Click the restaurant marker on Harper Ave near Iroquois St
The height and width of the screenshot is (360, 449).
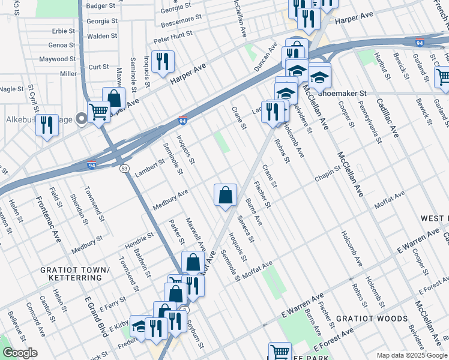(163, 62)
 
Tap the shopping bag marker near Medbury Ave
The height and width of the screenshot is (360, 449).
(225, 195)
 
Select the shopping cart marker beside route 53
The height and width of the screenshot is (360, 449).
(99, 112)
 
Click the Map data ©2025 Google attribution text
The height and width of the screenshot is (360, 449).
(411, 355)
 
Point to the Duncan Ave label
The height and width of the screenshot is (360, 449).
(265, 57)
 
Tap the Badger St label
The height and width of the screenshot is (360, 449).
(101, 5)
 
